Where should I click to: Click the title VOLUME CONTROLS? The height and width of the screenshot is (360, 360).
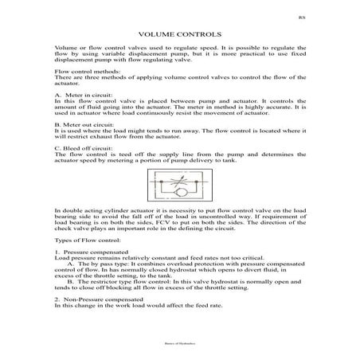coord(179,36)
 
